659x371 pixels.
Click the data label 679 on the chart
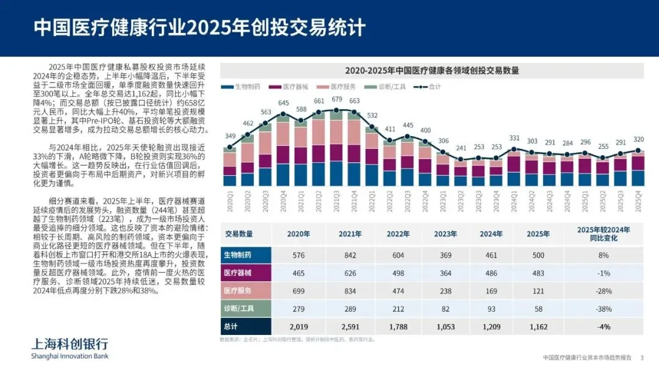tap(337, 99)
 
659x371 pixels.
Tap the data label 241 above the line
tap(461, 148)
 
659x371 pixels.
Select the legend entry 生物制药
tap(242, 87)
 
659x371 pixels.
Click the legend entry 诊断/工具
tap(388, 87)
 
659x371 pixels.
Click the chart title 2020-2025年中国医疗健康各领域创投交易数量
tap(432, 70)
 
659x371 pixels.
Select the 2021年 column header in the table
tap(350, 234)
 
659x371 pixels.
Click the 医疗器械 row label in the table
tap(238, 273)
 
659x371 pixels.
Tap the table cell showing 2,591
tap(350, 326)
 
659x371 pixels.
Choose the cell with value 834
tap(350, 290)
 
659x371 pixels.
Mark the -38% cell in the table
tap(603, 309)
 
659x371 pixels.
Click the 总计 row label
tap(232, 326)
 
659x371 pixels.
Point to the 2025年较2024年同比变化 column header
tap(603, 234)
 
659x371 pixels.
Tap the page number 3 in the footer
tap(641, 357)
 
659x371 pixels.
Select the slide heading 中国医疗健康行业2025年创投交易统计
tap(199, 27)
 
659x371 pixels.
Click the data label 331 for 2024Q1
tap(514, 139)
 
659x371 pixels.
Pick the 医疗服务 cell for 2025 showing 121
tap(538, 290)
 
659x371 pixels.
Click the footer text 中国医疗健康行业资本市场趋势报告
tap(586, 357)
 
